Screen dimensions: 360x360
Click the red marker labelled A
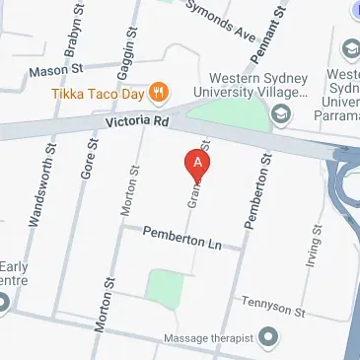(198, 162)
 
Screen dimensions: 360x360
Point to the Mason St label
(56, 70)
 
